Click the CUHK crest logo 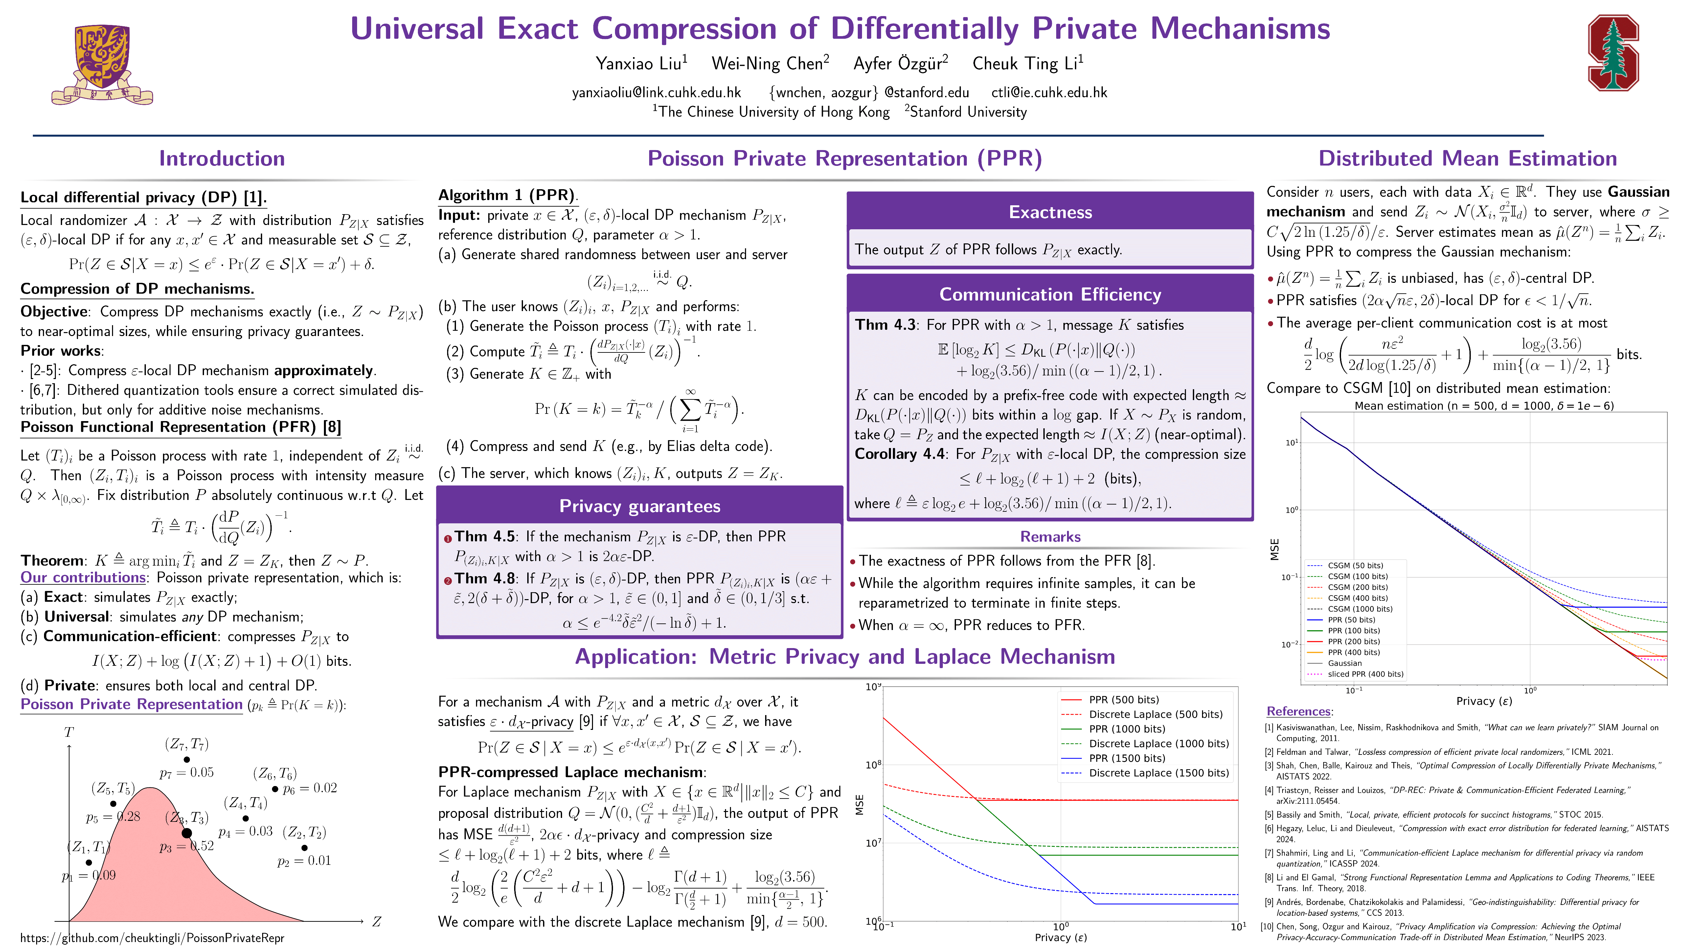[102, 64]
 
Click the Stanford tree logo [1613, 54]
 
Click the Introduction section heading [222, 159]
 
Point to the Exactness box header [1050, 212]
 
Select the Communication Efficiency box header [1050, 294]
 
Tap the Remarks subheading [1050, 537]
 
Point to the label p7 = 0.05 [187, 772]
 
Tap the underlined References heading [1298, 711]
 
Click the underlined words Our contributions [83, 578]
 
